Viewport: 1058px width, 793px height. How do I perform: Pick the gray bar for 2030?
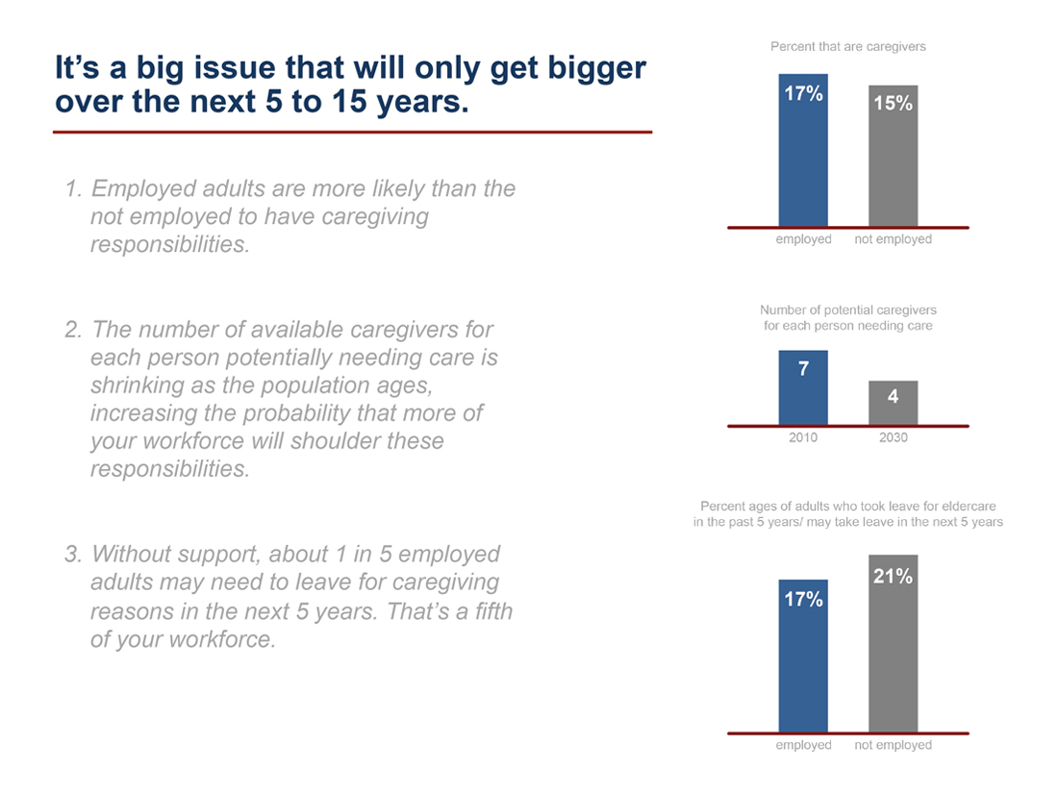[x=893, y=403]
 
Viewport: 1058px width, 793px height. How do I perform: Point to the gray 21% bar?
[x=893, y=644]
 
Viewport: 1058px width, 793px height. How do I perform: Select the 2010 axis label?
[x=803, y=437]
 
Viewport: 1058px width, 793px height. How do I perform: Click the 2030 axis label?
[x=893, y=437]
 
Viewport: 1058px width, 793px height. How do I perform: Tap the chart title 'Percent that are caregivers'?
[x=847, y=46]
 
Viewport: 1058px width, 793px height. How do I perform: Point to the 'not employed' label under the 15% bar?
[x=893, y=239]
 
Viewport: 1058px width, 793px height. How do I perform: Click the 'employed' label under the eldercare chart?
[x=803, y=745]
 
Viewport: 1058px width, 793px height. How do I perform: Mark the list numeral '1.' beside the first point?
[x=73, y=189]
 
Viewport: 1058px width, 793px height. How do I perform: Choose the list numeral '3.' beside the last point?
[x=73, y=555]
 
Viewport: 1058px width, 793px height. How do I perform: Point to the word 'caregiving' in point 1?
[x=375, y=217]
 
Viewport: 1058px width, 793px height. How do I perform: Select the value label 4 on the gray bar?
[x=893, y=395]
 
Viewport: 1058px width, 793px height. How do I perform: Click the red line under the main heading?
[x=352, y=132]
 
